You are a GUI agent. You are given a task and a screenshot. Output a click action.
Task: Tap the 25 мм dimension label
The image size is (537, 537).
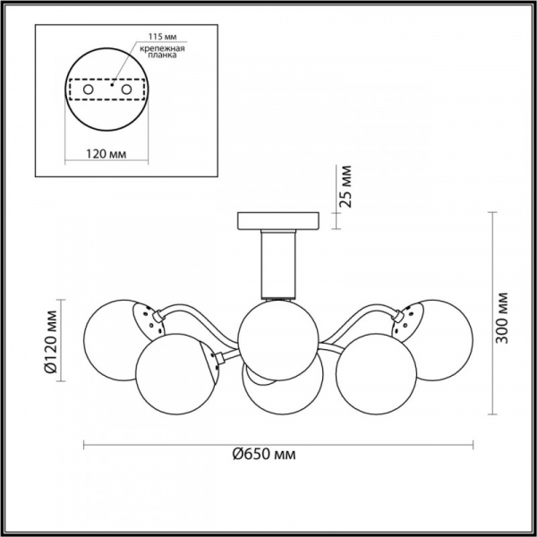(347, 186)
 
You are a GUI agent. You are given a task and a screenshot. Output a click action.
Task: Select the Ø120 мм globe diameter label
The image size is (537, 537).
(51, 339)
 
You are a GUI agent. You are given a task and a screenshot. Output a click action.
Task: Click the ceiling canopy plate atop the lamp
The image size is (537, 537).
(277, 220)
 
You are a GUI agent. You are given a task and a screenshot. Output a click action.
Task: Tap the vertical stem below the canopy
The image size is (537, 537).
(277, 263)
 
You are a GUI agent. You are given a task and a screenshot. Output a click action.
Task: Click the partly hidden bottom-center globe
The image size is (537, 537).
(280, 389)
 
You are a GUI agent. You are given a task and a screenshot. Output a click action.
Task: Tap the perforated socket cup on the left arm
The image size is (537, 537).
(145, 319)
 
